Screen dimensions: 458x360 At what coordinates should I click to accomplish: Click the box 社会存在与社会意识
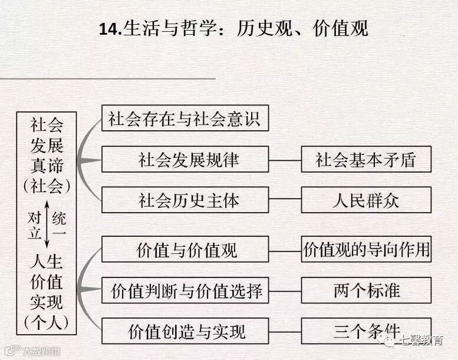[185, 119]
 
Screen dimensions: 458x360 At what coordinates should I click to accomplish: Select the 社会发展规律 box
[185, 160]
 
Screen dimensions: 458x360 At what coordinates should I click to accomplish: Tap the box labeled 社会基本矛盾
[366, 160]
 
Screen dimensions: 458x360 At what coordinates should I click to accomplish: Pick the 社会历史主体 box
[185, 200]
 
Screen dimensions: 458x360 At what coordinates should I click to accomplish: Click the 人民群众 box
[366, 200]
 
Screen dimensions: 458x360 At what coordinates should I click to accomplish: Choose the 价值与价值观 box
[185, 250]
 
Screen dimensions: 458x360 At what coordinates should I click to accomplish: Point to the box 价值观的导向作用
[366, 250]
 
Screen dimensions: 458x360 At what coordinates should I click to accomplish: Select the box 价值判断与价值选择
[185, 291]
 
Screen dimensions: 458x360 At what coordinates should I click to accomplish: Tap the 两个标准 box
[366, 291]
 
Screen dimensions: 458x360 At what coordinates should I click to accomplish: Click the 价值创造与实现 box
[185, 331]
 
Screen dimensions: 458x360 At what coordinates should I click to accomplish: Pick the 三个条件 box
[366, 330]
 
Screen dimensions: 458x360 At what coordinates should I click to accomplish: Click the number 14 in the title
[110, 27]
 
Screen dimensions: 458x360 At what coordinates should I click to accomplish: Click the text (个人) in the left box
[47, 322]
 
